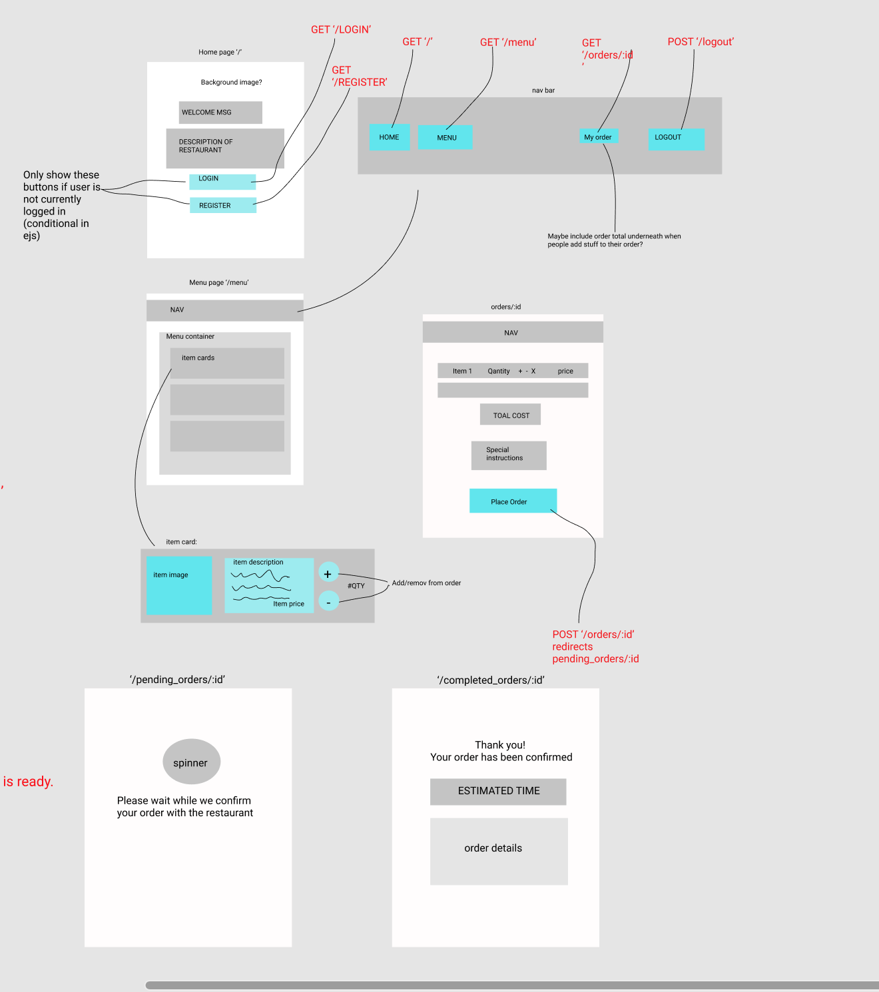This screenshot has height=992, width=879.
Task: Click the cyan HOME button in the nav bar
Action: click(x=390, y=137)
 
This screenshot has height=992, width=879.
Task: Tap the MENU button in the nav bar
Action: click(x=445, y=137)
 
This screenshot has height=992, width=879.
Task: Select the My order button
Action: click(x=598, y=136)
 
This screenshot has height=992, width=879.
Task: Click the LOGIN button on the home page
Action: click(x=222, y=181)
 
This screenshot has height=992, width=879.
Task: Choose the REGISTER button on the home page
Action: click(x=222, y=205)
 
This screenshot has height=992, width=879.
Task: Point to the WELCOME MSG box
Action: click(x=220, y=113)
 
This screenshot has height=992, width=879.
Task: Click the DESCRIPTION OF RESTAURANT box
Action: click(x=225, y=148)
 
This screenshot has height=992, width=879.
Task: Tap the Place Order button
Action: click(x=513, y=501)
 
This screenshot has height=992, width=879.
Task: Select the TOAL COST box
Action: click(x=510, y=414)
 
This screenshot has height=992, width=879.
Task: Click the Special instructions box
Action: click(x=509, y=455)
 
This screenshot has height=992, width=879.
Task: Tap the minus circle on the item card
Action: click(x=328, y=601)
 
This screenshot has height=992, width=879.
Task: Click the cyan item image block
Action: click(x=178, y=585)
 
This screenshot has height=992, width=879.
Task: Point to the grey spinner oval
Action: click(x=191, y=762)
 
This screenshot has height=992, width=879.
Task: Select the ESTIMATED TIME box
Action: click(x=498, y=791)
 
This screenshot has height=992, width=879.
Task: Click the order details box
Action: click(x=499, y=851)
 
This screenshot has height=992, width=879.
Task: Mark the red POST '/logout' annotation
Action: click(x=701, y=42)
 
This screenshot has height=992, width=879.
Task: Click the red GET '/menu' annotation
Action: click(x=508, y=43)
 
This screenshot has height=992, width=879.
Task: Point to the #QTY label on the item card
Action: click(x=356, y=586)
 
